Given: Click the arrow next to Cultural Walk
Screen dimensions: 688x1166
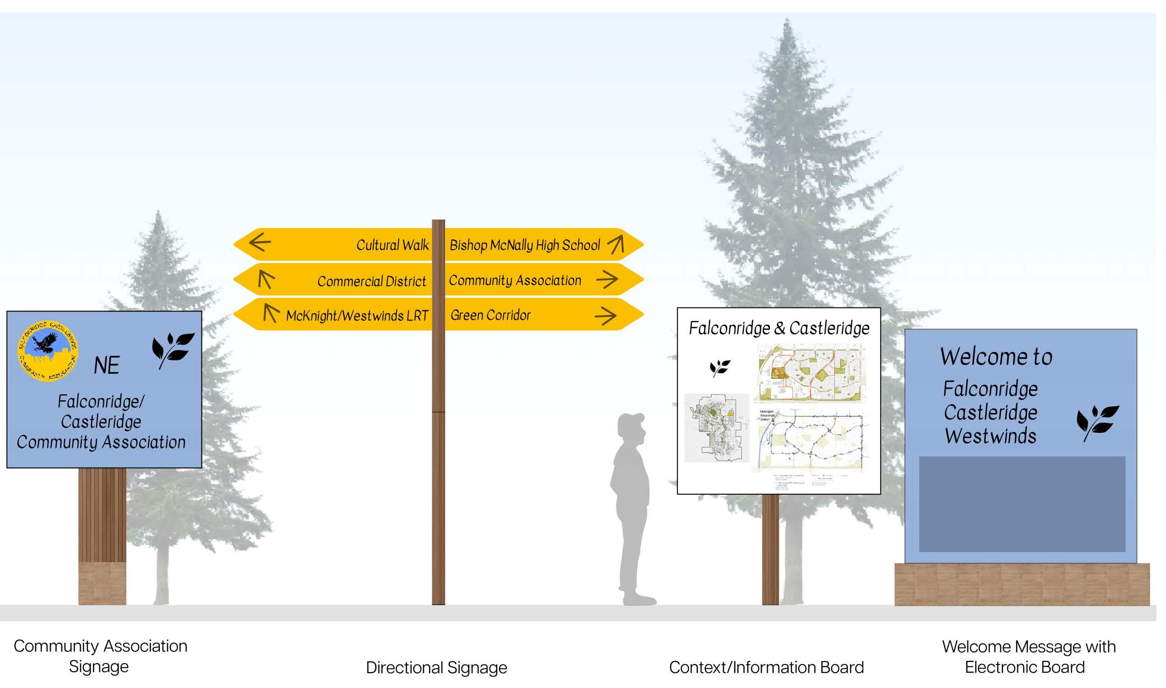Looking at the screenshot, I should point(260,242).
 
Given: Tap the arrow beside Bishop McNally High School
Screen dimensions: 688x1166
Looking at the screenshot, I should point(616,244).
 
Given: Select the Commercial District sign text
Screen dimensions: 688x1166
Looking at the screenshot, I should point(371,281).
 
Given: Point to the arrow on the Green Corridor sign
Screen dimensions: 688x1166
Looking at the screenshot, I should point(606,316).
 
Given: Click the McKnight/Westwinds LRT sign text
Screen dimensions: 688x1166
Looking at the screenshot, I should point(357,316).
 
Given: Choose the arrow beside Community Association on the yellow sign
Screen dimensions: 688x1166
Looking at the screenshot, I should point(607,279).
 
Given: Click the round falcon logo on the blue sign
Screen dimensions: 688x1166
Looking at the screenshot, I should point(47,350).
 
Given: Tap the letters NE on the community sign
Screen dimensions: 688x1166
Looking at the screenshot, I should point(107,365).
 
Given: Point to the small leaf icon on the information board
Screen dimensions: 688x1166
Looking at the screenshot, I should point(719,367).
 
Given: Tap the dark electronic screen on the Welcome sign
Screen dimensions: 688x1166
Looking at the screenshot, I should point(1022,504).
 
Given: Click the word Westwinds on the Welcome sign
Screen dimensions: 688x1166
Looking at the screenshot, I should point(990,436).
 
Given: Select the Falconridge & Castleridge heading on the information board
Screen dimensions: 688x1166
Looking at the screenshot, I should point(779,328).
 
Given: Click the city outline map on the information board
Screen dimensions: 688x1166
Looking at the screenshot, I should point(717,428).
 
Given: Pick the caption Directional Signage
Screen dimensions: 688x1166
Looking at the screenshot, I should point(436,668).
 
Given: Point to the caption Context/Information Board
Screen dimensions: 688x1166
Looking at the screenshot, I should point(766,668).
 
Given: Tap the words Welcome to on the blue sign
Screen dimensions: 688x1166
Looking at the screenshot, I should point(996,357).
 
